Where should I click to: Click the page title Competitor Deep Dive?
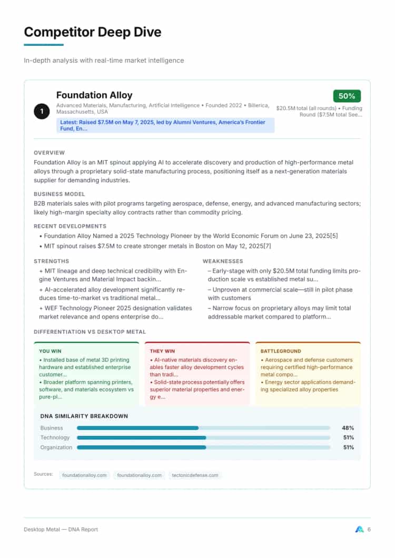(93, 32)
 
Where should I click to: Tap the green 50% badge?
(347, 96)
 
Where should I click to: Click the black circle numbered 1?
(42, 112)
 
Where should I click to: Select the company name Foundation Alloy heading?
(94, 95)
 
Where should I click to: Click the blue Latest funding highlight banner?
(165, 125)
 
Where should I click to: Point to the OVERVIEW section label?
(50, 153)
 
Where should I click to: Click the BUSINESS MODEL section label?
(59, 194)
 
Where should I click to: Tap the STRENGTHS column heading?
(51, 261)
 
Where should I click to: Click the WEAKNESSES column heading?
(223, 261)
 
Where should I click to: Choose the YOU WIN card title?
(50, 351)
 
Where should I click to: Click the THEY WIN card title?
(163, 351)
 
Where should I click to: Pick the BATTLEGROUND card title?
(281, 351)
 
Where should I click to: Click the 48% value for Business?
(348, 428)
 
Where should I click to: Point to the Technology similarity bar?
(203, 437)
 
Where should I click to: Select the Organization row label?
(56, 447)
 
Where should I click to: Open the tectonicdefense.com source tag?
(195, 475)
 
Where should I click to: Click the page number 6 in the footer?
(369, 530)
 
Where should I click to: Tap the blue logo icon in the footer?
(360, 530)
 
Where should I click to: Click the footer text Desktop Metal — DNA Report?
(61, 530)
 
